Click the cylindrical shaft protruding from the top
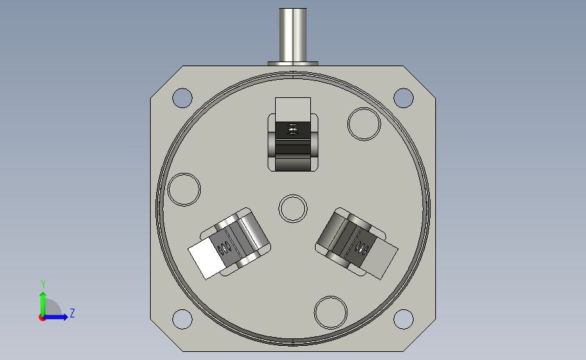pyautogui.click(x=293, y=35)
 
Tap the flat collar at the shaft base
pyautogui.click(x=293, y=64)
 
